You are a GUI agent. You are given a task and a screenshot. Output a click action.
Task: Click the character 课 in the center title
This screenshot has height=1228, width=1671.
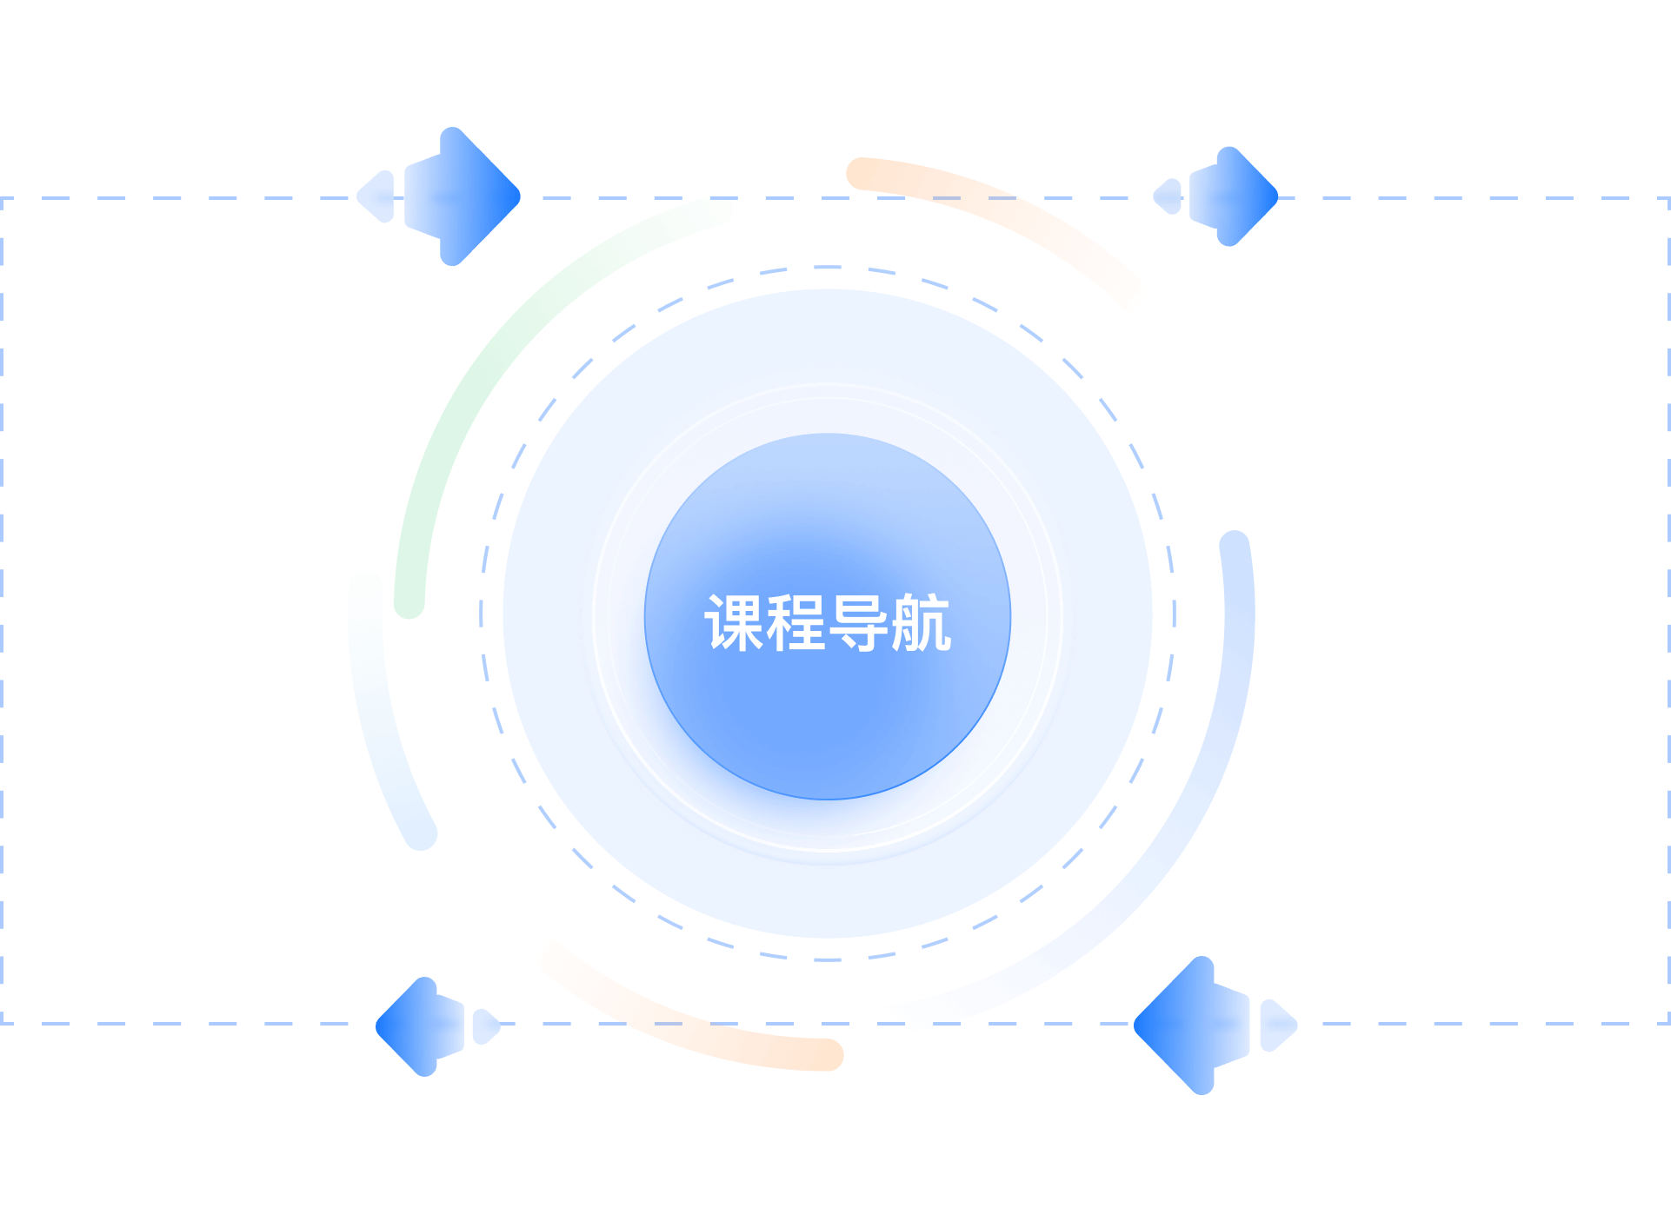734,623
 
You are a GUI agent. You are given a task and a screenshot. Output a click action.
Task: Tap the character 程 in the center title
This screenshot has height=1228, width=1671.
796,623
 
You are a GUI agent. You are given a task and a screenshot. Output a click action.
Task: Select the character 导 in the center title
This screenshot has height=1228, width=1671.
859,623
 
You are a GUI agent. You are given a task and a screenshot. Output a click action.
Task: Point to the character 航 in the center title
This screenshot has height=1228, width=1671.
922,623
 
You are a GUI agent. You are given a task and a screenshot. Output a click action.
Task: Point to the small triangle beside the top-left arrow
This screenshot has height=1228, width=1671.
379,196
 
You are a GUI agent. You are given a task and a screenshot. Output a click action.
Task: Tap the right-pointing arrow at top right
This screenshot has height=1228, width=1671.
1235,196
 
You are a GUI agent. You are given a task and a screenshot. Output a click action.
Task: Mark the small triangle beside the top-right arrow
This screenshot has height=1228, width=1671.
1169,196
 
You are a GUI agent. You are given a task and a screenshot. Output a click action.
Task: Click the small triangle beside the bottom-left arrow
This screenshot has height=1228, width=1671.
484,1026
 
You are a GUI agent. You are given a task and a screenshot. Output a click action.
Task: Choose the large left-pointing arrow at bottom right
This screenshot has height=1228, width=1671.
1191,1026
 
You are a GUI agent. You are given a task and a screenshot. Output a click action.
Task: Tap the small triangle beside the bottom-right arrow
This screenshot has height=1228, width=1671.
1276,1026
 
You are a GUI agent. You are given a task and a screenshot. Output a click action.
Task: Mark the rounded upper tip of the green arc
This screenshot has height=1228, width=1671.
720,209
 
